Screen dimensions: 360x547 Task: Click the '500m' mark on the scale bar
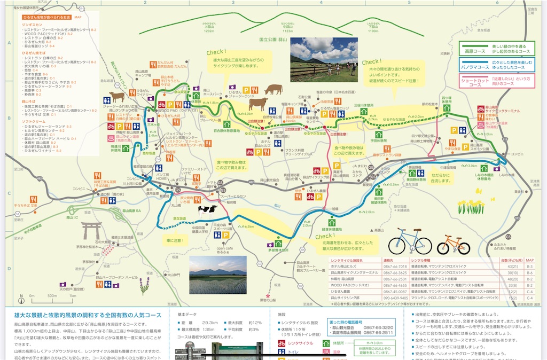[52, 295]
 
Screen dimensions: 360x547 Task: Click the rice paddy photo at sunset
[217, 275]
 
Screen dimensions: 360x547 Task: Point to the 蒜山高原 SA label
[130, 210]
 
